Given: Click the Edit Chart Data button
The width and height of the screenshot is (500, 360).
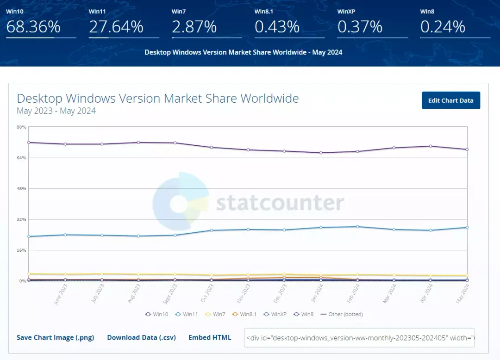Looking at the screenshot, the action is point(450,100).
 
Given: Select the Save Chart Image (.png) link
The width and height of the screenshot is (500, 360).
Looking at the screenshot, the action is point(55,338).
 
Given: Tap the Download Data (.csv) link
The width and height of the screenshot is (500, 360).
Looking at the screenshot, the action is point(141,338).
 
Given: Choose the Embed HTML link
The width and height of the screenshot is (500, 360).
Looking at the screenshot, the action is point(210,337).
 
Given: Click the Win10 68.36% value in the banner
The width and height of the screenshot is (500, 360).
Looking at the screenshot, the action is point(33,26).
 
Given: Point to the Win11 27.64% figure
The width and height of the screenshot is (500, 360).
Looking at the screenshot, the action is point(116,26).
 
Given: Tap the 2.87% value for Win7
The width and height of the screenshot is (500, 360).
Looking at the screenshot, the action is point(194,26).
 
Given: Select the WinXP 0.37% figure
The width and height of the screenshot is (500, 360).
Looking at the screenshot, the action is point(360,26).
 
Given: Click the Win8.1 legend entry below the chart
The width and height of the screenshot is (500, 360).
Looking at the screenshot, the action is point(244,314).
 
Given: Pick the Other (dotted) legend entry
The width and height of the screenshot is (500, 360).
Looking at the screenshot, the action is point(342,314).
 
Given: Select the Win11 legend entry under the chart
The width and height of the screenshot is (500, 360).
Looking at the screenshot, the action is point(187,314).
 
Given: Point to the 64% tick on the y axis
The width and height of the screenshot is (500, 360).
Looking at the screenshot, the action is point(21,158).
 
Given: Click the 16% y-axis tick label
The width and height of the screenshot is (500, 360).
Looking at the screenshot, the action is point(21,250).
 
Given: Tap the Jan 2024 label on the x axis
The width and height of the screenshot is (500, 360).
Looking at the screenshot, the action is point(317,293).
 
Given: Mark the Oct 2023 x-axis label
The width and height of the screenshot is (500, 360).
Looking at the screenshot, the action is point(207,293).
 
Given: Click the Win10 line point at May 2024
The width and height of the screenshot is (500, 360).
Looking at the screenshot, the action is point(467,149).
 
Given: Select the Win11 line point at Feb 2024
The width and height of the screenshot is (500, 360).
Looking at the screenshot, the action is point(357,227).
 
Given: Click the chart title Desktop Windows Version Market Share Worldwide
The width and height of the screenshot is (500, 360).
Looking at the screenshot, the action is point(158,99).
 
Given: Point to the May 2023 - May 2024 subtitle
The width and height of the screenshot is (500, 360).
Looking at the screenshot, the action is point(56,111).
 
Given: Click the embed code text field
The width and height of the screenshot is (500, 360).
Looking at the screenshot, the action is point(359,338).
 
